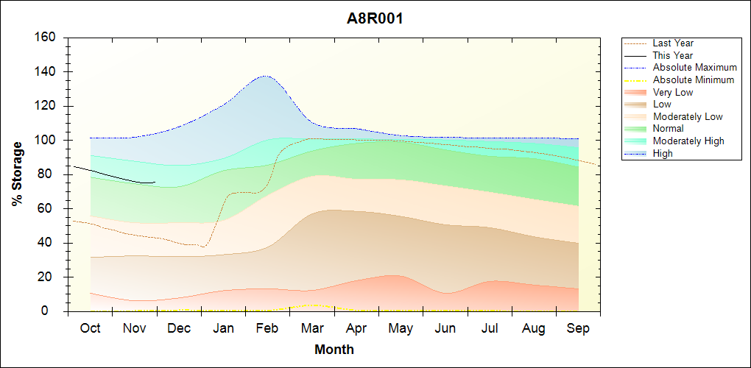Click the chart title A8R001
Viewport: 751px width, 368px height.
coord(375,18)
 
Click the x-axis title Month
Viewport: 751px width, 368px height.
coord(334,350)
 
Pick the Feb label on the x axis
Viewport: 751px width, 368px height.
coord(267,329)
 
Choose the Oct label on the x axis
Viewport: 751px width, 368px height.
coord(90,329)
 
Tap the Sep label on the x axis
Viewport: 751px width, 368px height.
coord(578,329)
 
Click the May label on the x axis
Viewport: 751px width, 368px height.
coord(401,329)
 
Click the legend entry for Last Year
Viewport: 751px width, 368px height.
coord(673,43)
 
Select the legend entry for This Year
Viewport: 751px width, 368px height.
coord(673,55)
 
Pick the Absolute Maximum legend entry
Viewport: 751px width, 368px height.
coord(694,68)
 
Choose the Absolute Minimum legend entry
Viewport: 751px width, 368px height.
coord(693,79)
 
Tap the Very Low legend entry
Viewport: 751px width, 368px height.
coord(673,92)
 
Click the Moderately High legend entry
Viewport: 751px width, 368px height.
coord(688,141)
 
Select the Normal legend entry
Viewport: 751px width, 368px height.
coord(668,129)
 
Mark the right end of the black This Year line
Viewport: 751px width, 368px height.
coord(155,183)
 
